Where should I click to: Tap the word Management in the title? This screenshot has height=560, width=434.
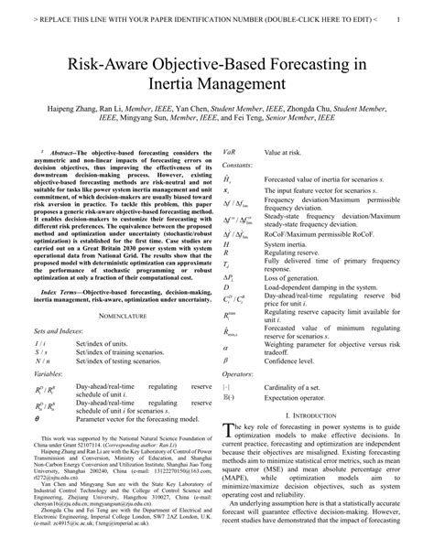click(x=248, y=90)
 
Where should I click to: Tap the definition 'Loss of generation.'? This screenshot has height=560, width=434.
click(x=295, y=276)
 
